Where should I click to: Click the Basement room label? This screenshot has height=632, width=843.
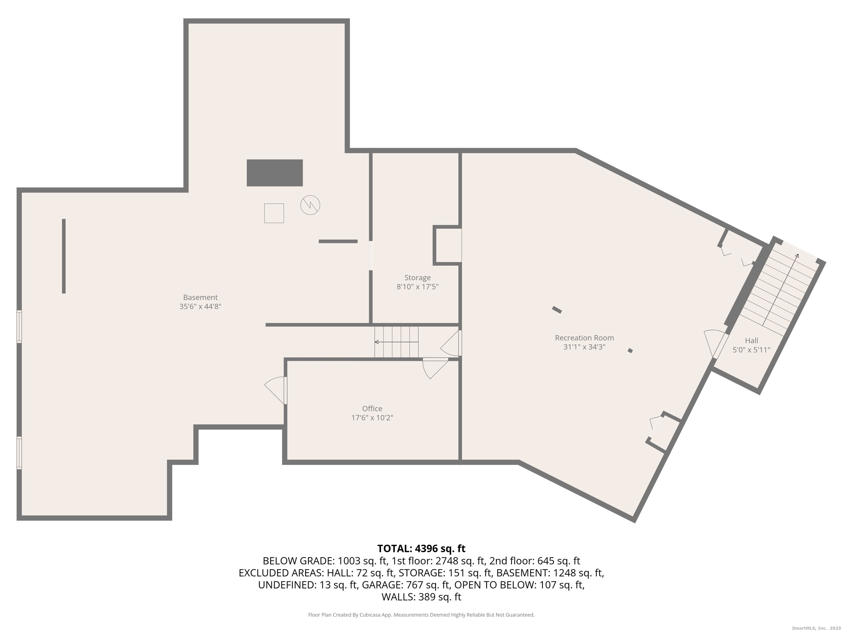200,297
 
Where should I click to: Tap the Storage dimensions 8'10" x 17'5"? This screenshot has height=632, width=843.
417,287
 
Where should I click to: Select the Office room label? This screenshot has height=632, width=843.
372,409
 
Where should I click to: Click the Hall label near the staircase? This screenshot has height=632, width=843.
751,340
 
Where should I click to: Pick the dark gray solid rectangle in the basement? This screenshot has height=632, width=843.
274,173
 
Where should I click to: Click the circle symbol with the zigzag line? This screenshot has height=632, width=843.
310,205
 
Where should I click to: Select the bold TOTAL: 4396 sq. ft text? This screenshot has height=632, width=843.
421,548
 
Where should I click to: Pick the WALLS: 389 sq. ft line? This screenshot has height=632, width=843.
421,597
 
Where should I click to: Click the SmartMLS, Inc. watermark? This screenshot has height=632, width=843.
816,628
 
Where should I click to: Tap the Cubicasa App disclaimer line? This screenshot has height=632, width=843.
421,614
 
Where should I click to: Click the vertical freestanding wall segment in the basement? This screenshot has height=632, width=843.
64,256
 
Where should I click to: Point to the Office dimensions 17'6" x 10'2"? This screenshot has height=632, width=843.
372,418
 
